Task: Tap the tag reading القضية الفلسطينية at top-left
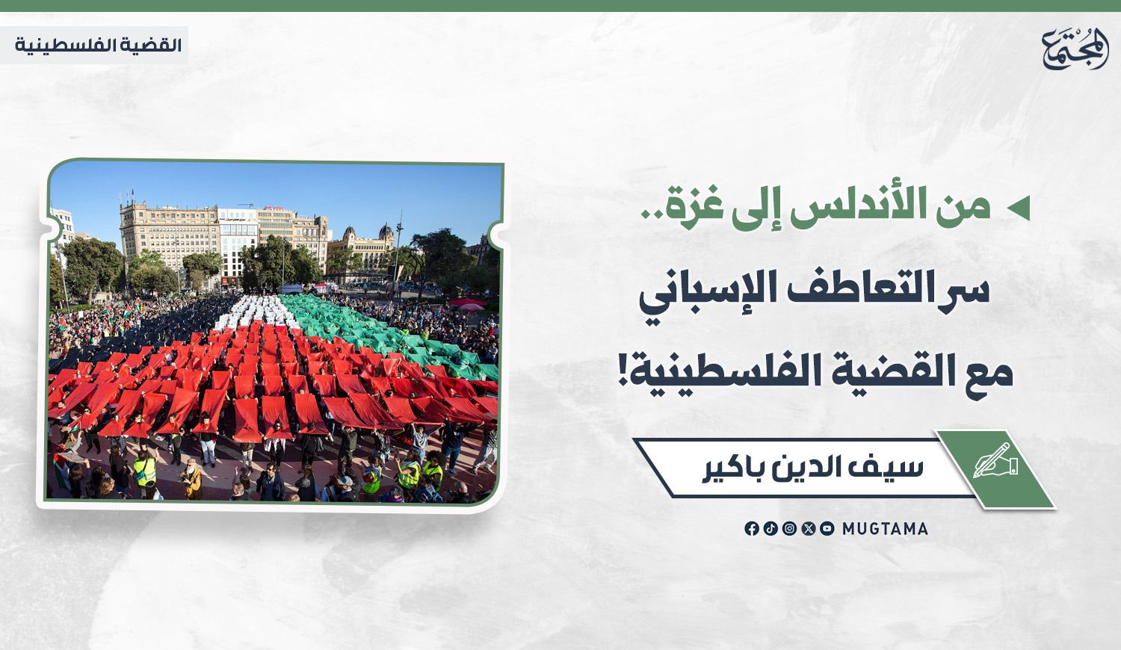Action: (98, 45)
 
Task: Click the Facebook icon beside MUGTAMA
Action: (751, 528)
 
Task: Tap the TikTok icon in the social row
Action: (771, 528)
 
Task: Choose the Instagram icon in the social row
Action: (789, 528)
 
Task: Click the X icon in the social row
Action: (808, 528)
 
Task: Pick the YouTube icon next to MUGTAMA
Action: (827, 528)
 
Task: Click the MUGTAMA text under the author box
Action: (885, 529)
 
